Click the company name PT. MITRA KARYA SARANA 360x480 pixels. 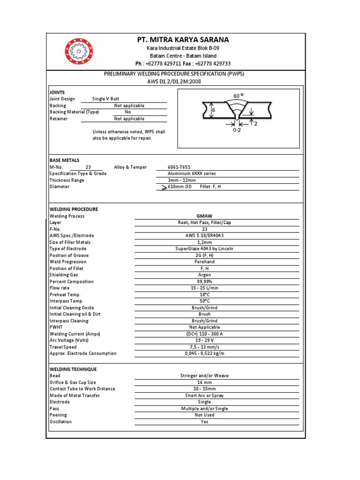183,40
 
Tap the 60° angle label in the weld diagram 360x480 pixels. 239,96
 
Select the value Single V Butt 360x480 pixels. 106,99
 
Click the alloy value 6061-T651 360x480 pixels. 179,167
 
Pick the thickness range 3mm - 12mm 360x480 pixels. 182,180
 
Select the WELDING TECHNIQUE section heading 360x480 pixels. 73,369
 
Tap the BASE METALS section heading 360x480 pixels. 64,160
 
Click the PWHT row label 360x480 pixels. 56,327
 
